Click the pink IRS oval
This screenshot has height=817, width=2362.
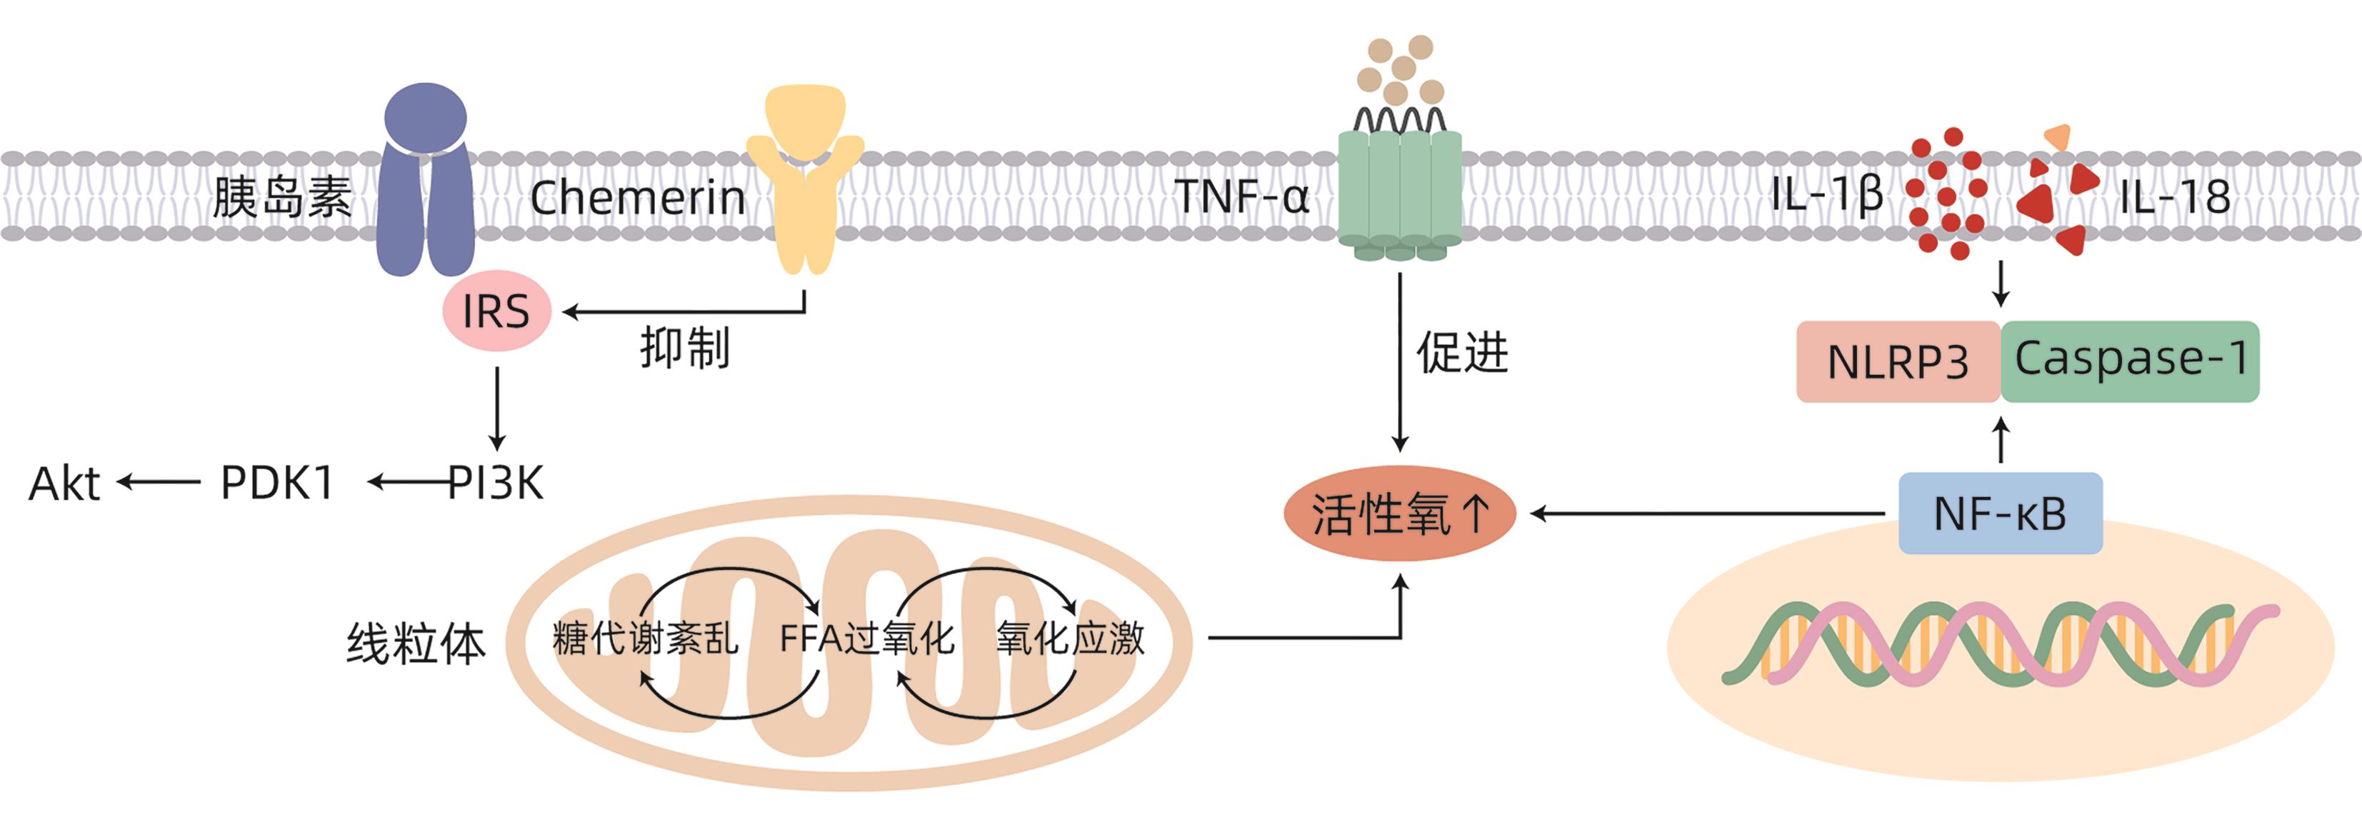496,311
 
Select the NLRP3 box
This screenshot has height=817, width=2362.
1897,361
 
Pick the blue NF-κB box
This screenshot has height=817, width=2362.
2000,513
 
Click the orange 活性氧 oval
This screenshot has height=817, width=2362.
1399,513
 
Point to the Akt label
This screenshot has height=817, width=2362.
64,483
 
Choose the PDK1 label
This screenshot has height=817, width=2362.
277,483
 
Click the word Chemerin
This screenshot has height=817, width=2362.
637,198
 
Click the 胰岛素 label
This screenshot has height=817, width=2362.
281,197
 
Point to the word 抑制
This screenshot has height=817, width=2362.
685,349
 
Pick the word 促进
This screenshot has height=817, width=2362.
1463,352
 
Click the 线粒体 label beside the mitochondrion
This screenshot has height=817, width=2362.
416,643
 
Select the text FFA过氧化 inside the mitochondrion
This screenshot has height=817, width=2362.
866,638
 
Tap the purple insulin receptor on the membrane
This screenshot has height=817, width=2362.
424,184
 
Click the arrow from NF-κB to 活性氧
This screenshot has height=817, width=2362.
1706,514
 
